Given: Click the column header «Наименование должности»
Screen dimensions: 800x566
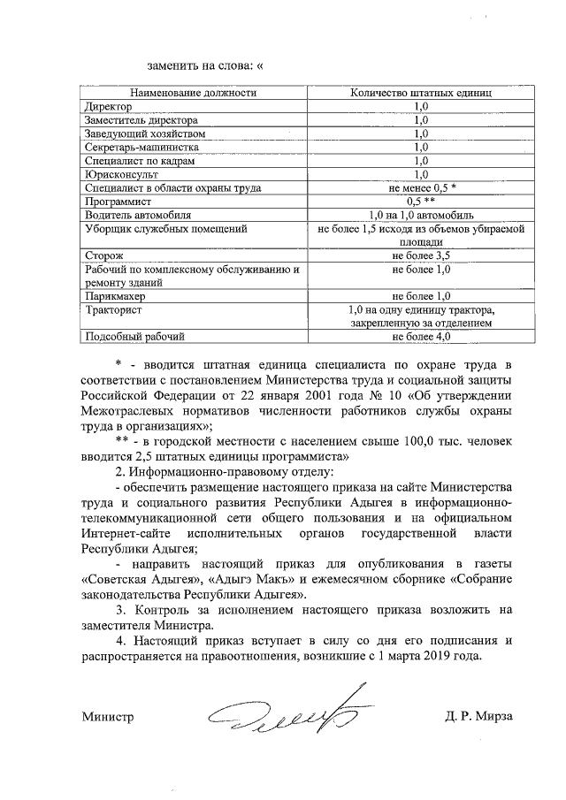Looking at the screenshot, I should [x=193, y=93].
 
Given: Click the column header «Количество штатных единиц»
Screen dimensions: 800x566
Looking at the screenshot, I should [x=421, y=93].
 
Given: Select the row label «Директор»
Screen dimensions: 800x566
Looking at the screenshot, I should [x=106, y=106].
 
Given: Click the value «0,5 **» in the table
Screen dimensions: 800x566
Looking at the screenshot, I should [x=422, y=202].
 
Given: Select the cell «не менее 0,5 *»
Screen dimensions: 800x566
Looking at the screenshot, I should [x=422, y=188].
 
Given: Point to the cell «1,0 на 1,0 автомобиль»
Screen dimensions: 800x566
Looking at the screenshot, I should [x=422, y=215].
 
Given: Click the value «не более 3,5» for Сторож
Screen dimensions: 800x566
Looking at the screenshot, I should [x=422, y=255].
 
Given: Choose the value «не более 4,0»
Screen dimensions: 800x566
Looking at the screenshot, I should [x=422, y=337].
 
